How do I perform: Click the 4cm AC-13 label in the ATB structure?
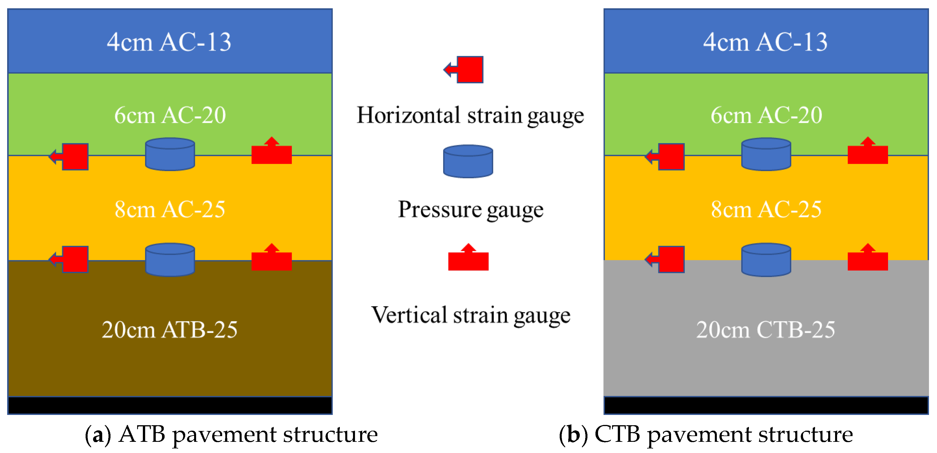pos(169,42)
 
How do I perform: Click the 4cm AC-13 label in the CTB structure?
pos(765,42)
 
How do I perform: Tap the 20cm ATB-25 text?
pos(169,330)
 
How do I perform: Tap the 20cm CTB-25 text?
pos(765,330)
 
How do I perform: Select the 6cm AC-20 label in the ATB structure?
pos(170,115)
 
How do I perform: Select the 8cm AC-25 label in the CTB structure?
pos(766,210)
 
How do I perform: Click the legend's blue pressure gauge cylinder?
pos(468,161)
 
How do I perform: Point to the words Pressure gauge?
pos(470,210)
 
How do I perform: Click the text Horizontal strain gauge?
pos(470,116)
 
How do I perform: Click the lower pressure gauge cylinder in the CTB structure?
pos(766,259)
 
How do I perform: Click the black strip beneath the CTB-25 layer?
pos(766,405)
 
